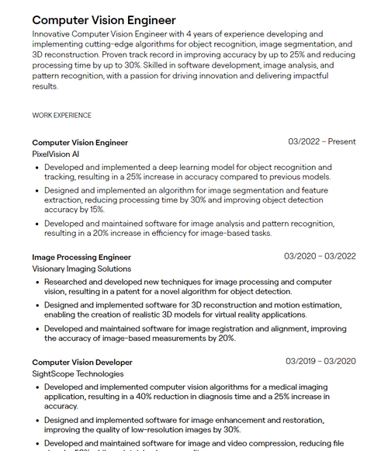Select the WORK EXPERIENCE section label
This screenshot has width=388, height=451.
click(61, 116)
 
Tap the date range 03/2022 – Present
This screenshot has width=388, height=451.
click(322, 142)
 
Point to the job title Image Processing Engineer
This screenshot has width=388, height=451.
click(81, 257)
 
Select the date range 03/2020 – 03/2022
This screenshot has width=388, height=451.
click(320, 256)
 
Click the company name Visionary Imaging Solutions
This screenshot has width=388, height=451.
click(81, 269)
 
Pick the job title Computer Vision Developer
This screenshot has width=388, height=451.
click(82, 362)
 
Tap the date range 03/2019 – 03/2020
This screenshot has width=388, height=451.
click(320, 361)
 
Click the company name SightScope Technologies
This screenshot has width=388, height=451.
click(78, 374)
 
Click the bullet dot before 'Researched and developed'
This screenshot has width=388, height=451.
click(37, 282)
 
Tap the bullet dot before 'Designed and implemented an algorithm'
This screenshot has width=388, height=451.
click(37, 189)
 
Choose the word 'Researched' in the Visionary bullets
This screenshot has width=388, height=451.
click(69, 282)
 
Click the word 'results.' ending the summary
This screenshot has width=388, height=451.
click(45, 86)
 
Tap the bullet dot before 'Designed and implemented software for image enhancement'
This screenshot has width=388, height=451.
click(37, 420)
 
